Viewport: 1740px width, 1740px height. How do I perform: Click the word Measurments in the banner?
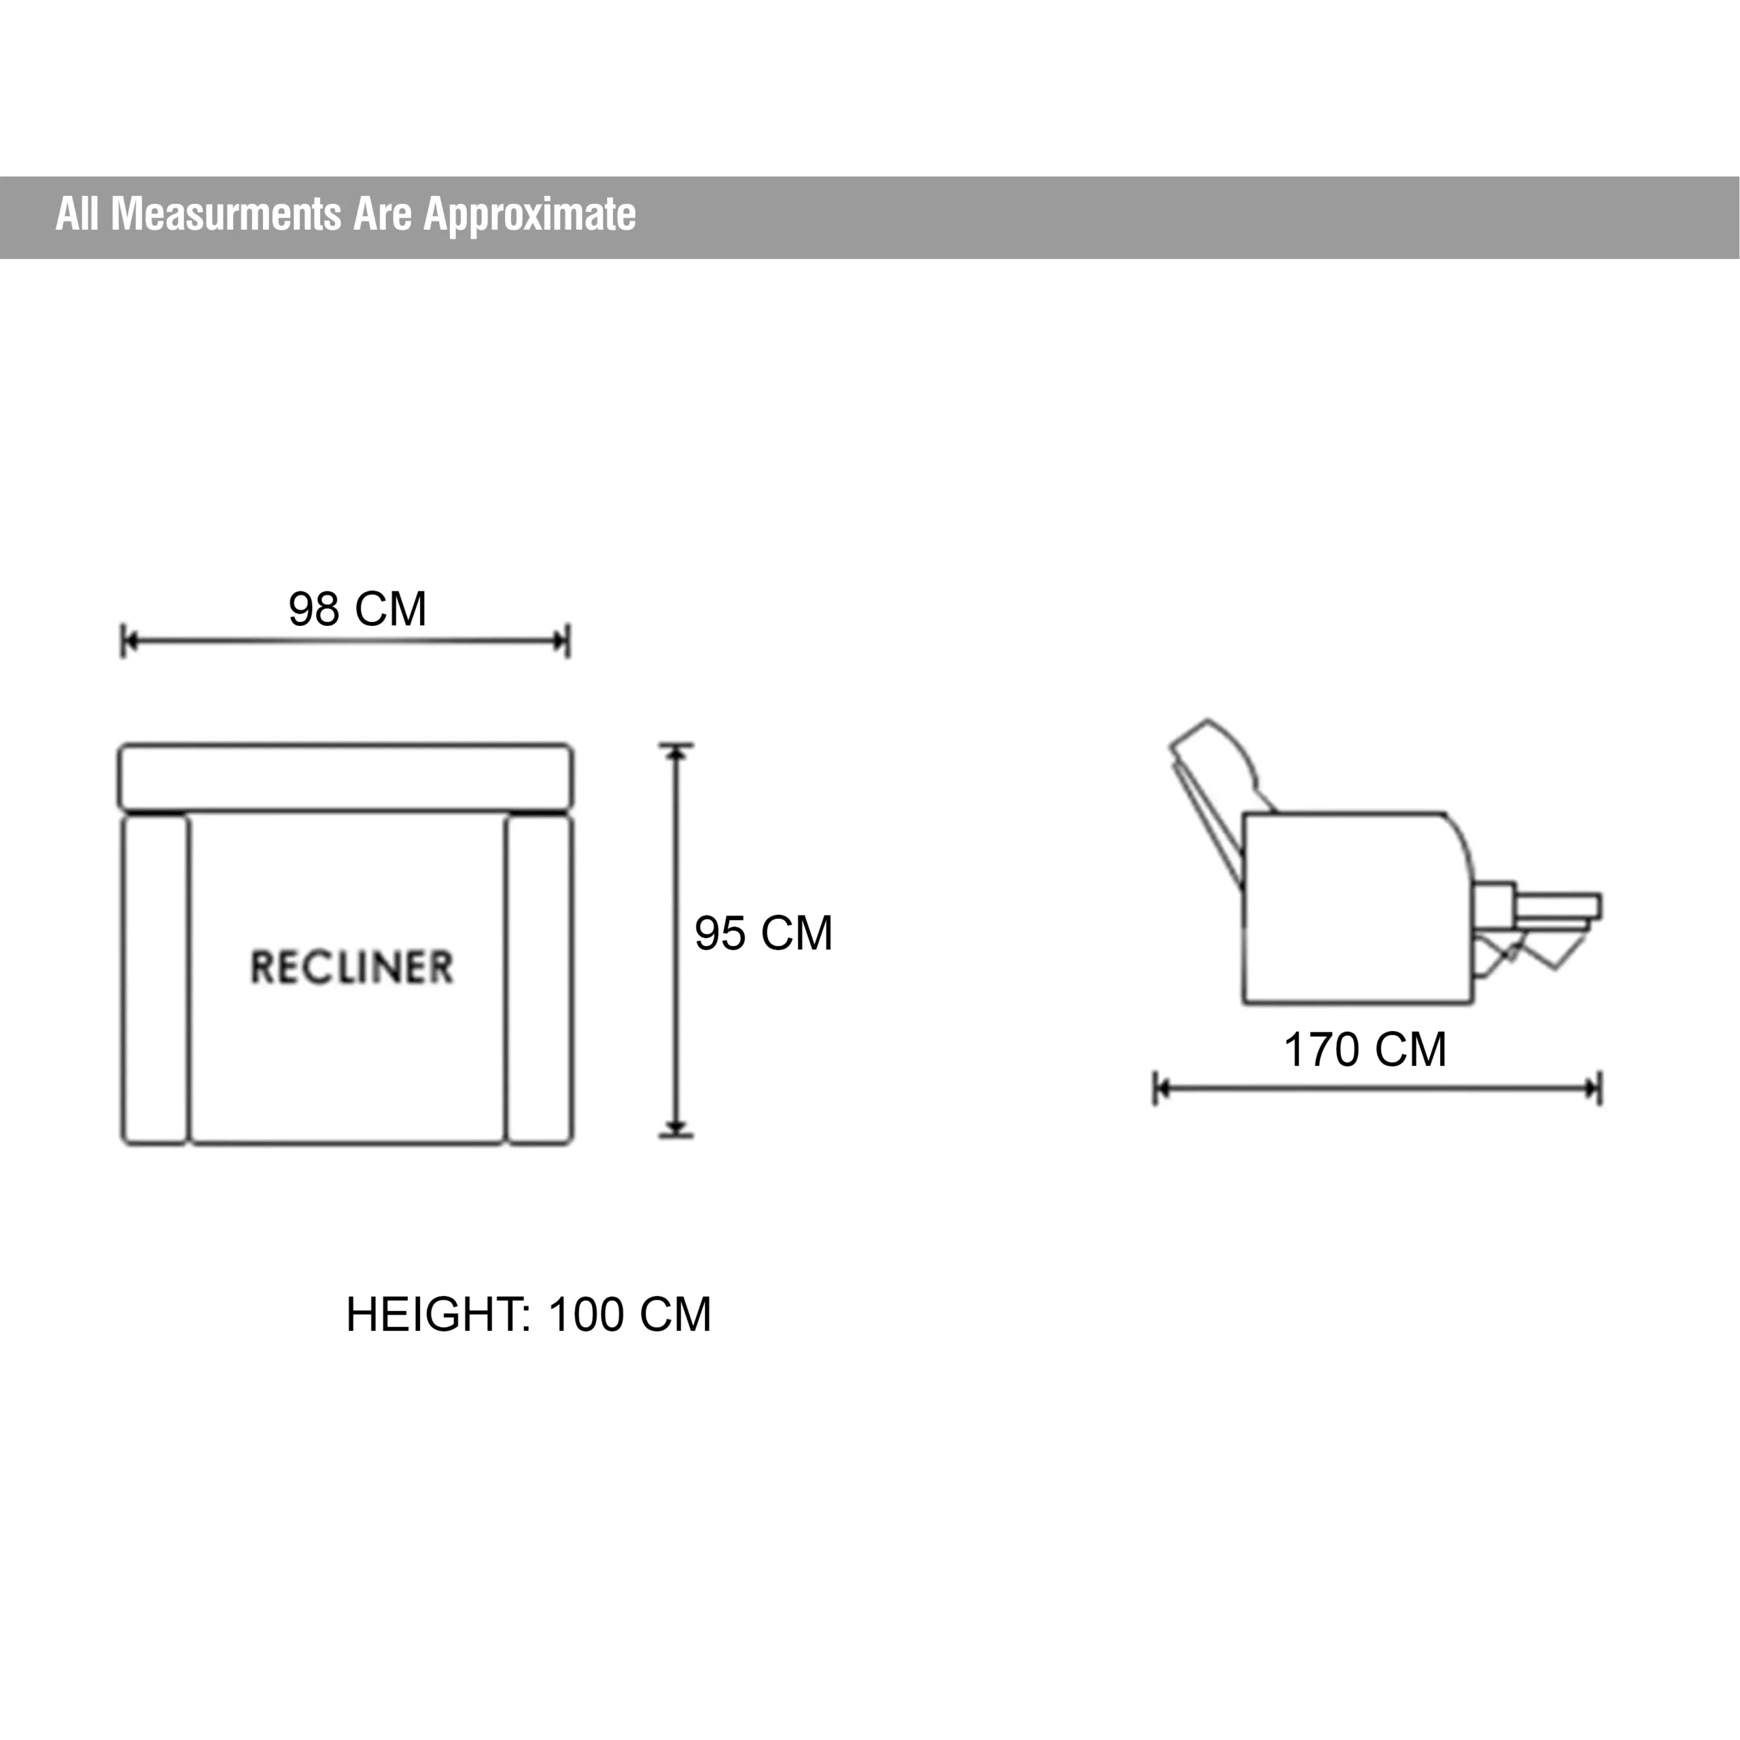(x=226, y=214)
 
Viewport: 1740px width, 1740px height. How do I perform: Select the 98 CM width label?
(x=358, y=609)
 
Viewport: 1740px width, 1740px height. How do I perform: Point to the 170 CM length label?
(x=1365, y=1049)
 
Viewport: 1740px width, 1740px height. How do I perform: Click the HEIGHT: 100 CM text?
(x=529, y=1315)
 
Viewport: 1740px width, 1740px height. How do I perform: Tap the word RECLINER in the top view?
(x=351, y=967)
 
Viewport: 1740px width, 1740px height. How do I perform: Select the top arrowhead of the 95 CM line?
(x=676, y=752)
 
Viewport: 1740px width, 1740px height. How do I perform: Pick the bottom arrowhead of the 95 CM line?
(x=676, y=1128)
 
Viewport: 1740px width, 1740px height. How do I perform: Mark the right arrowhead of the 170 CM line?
(x=1593, y=1089)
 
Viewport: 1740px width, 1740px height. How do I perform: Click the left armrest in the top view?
(x=155, y=980)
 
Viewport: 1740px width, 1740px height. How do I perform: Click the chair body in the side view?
(x=1358, y=908)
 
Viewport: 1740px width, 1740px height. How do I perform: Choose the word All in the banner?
(x=77, y=214)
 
